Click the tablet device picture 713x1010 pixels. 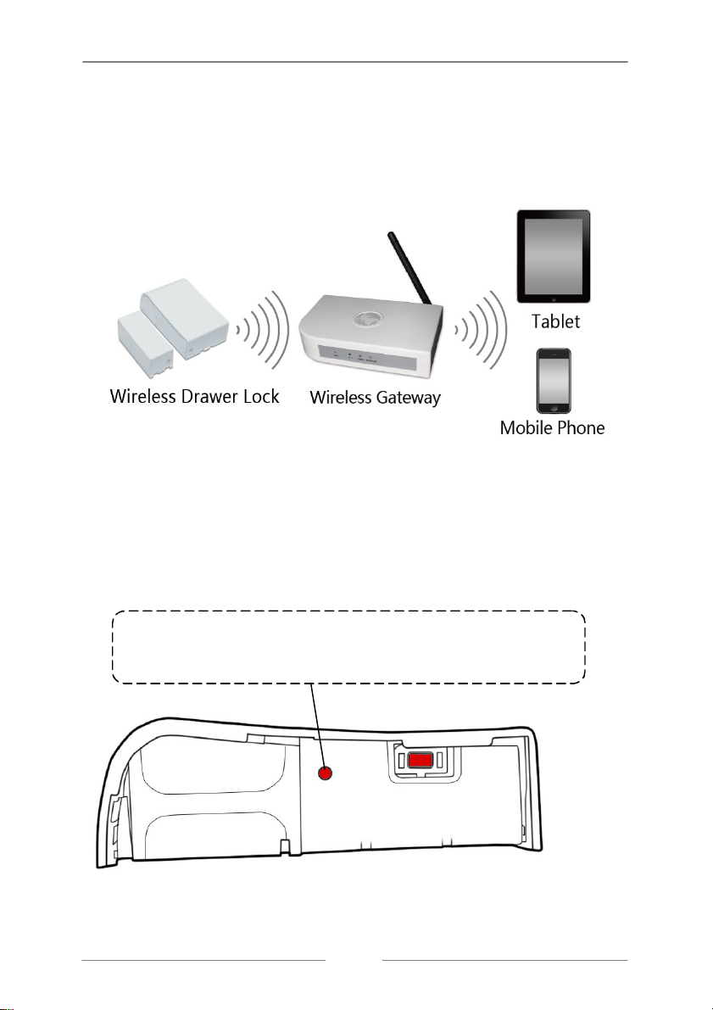[x=553, y=258]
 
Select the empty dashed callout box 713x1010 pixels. [x=348, y=646]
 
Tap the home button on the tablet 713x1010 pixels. [x=553, y=299]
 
